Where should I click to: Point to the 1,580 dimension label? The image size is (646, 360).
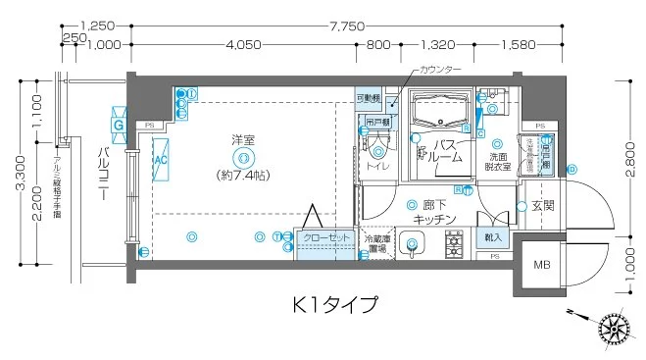pyautogui.click(x=517, y=44)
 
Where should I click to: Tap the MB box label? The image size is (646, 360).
pyautogui.click(x=541, y=265)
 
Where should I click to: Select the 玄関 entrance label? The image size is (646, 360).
pyautogui.click(x=543, y=206)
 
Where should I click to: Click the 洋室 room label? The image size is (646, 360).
pyautogui.click(x=242, y=140)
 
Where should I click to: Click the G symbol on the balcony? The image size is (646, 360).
pyautogui.click(x=118, y=125)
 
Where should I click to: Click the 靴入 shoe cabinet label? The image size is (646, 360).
pyautogui.click(x=492, y=237)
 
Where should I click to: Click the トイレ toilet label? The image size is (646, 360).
pyautogui.click(x=378, y=168)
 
